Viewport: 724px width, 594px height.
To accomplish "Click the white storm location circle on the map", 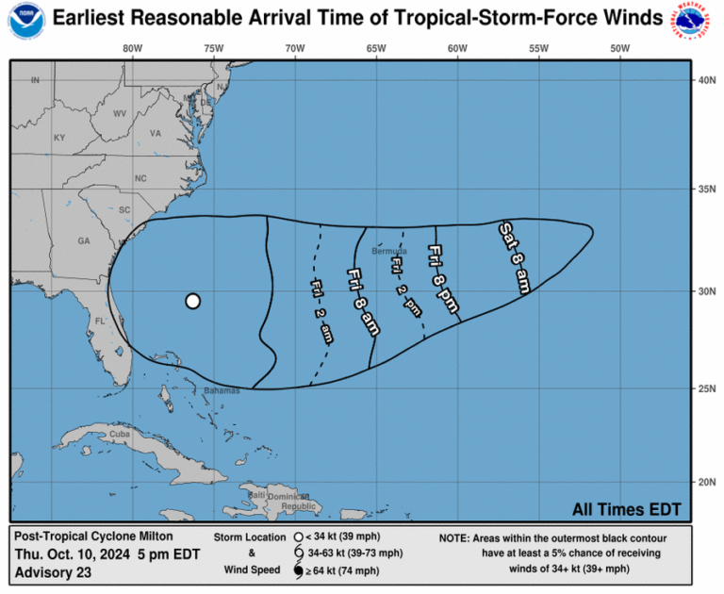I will click(192, 301).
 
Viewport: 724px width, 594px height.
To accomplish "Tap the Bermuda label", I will click(388, 252).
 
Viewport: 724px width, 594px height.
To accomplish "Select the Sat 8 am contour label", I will click(514, 256).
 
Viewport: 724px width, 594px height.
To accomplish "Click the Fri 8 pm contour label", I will click(441, 273).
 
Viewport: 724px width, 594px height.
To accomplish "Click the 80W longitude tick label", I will click(132, 47).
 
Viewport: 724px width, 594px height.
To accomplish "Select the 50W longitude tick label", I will click(618, 47).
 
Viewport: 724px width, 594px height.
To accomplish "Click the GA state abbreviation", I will click(84, 241).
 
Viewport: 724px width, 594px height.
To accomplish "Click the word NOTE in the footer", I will click(455, 538).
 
